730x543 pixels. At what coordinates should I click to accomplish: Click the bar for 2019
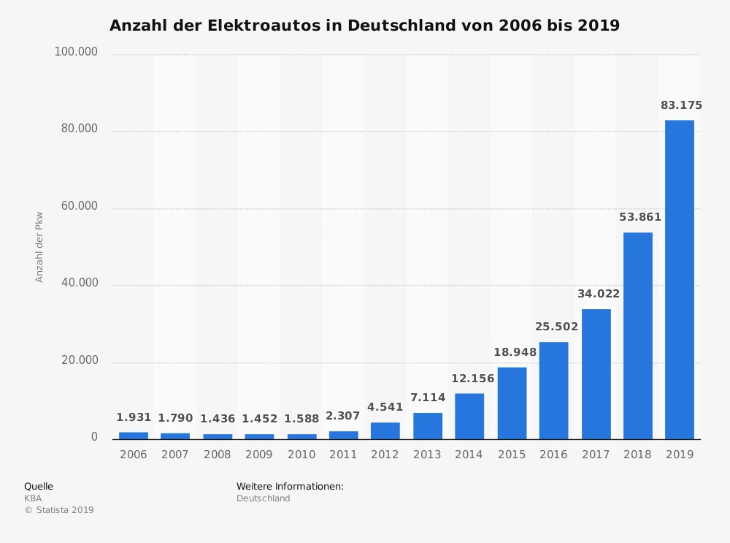tap(679, 279)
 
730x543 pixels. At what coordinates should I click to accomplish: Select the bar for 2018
tap(637, 335)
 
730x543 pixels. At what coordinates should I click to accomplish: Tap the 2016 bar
tap(553, 390)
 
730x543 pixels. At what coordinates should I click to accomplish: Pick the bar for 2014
tap(469, 416)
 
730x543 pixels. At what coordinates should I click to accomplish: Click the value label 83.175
tap(681, 105)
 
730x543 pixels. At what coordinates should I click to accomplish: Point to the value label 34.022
tap(598, 294)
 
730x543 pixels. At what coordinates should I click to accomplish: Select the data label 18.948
tap(515, 352)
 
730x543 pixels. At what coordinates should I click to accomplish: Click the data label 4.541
tap(385, 407)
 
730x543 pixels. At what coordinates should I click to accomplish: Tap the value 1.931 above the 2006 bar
tap(134, 417)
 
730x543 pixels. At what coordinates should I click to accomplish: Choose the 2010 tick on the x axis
tap(301, 455)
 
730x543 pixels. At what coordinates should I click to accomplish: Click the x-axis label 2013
tap(427, 455)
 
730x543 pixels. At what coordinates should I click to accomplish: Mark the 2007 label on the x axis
tap(175, 455)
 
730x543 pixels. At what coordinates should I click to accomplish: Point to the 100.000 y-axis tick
tap(76, 52)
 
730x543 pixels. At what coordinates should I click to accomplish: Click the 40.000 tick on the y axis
tap(79, 283)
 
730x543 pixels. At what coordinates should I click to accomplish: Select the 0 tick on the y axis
tap(94, 437)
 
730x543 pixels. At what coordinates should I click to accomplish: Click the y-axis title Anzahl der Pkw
tap(39, 247)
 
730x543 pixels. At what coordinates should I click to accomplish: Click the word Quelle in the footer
tap(39, 486)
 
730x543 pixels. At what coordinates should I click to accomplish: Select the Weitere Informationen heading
tap(290, 486)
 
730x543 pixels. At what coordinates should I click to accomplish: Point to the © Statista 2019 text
tap(59, 510)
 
